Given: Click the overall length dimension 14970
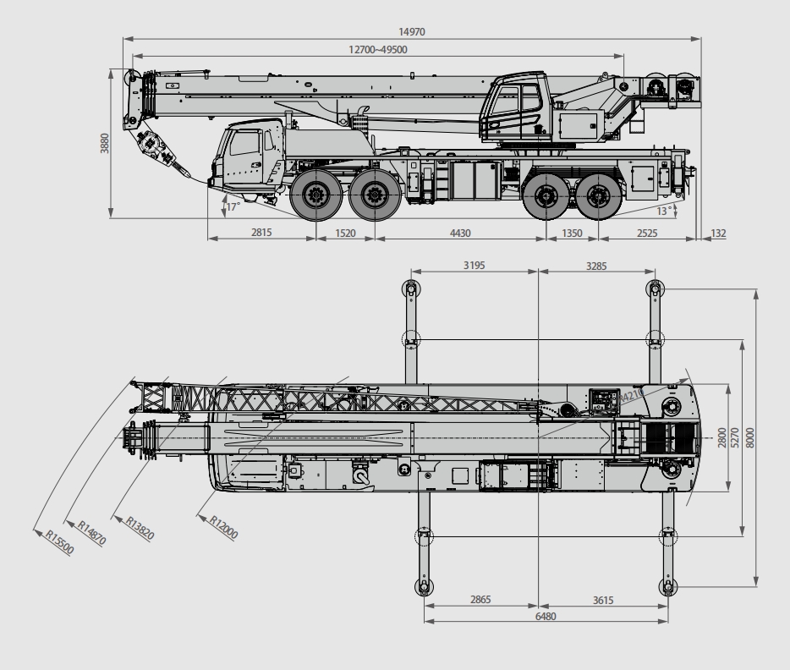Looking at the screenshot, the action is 412,32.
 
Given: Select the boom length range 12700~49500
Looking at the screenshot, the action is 378,49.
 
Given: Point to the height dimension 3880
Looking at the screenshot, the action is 104,144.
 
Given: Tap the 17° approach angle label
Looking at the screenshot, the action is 233,207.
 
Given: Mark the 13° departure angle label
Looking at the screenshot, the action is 664,211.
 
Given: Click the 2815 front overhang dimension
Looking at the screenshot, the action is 261,233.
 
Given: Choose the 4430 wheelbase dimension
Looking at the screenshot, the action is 460,233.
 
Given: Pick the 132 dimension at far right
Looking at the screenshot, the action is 718,233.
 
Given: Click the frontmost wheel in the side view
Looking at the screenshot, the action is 315,195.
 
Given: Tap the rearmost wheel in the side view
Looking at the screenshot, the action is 598,195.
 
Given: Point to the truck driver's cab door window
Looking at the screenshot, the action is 244,143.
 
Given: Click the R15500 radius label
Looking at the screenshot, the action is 60,542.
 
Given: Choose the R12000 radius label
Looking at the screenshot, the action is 223,527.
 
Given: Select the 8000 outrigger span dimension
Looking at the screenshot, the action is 750,437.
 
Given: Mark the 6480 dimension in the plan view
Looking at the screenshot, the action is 546,616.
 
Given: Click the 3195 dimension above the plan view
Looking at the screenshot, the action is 475,266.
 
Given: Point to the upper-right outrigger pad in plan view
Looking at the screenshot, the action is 655,288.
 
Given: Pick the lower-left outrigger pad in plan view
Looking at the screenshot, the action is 424,587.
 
